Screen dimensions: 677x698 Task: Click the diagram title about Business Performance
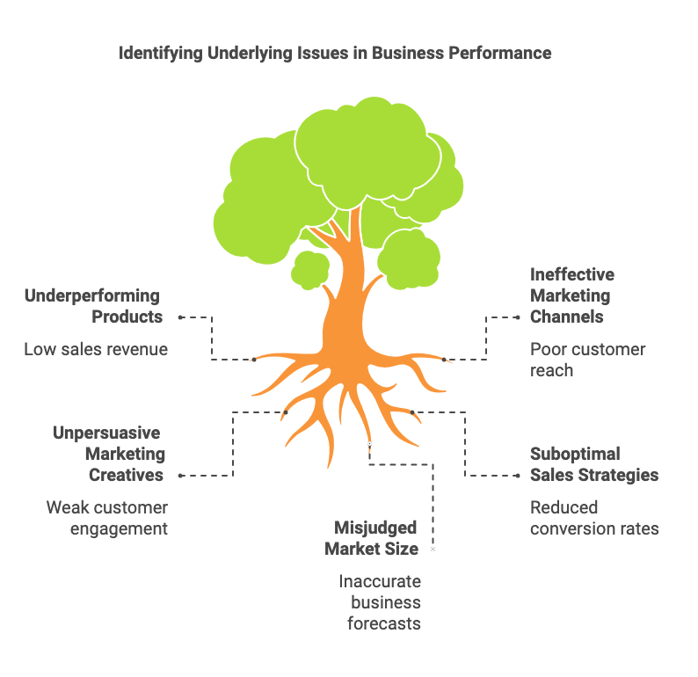tap(335, 53)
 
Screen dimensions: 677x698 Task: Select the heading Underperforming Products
tap(92, 306)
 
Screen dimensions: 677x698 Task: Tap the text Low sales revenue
tap(96, 349)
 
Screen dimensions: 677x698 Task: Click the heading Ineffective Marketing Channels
tap(572, 295)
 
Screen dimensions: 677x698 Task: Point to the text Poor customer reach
tap(587, 360)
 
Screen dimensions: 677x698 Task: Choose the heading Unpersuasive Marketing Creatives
tap(108, 454)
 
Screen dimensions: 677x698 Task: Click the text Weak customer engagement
tap(106, 518)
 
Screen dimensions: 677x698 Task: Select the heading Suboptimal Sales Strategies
tap(593, 464)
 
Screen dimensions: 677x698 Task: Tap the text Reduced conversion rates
tap(594, 518)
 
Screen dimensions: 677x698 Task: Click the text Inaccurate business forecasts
tap(380, 602)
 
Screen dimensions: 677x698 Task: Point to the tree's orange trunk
tap(342, 299)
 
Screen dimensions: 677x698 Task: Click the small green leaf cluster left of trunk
tap(310, 269)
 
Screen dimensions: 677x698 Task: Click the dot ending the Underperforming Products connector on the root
tap(254, 359)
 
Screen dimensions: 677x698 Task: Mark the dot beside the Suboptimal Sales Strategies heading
tap(517, 476)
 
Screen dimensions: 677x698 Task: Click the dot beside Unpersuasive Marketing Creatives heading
tap(180, 476)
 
